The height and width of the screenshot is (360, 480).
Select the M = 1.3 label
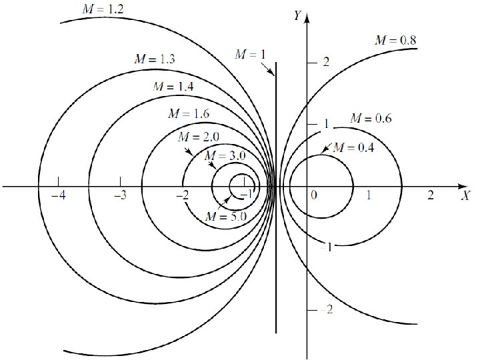pos(154,59)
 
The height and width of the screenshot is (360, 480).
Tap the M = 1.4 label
pos(173,86)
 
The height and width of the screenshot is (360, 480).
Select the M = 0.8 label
pos(396,41)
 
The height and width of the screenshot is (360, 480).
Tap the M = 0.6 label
pos(371,119)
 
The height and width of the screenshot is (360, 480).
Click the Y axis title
pos(297,16)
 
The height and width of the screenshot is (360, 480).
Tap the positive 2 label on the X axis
pos(430,195)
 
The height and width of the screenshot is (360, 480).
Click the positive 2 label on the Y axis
pos(326,63)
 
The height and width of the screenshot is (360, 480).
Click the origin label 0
pos(314,195)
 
